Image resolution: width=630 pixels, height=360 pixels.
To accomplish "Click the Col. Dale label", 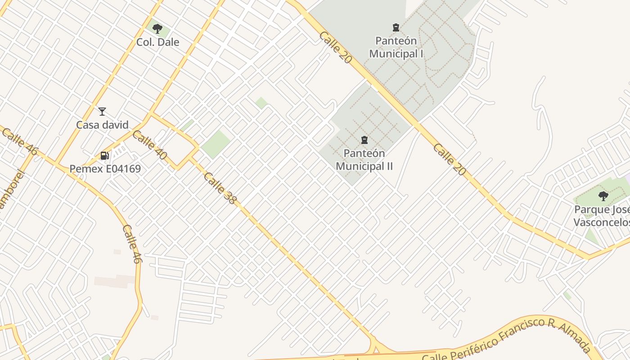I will [158, 42].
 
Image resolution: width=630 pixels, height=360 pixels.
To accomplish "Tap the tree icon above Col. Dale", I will [157, 29].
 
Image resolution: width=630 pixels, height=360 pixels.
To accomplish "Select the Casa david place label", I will [102, 125].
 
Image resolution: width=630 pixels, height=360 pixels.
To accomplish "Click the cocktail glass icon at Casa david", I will [102, 112].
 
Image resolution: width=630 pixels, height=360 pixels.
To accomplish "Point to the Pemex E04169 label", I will [105, 169].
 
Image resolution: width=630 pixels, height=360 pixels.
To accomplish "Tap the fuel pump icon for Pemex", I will [104, 156].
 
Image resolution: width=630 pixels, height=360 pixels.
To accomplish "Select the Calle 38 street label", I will [220, 188].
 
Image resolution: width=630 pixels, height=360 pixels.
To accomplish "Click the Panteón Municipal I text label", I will [396, 47].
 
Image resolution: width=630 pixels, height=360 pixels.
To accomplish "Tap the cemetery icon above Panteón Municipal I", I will [396, 28].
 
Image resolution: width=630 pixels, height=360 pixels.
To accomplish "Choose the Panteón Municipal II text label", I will [364, 160].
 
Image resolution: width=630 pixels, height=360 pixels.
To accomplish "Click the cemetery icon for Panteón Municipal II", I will [364, 140].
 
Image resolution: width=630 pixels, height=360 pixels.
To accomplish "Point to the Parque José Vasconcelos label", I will [602, 216].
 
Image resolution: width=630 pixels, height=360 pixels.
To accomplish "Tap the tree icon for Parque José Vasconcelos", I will [603, 196].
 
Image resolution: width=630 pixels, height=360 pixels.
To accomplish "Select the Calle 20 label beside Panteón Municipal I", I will [335, 47].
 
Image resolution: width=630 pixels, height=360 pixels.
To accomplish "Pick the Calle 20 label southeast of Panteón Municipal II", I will [449, 159].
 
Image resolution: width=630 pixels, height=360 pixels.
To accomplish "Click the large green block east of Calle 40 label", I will [216, 144].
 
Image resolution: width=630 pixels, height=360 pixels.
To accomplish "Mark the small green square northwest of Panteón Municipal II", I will [261, 103].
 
